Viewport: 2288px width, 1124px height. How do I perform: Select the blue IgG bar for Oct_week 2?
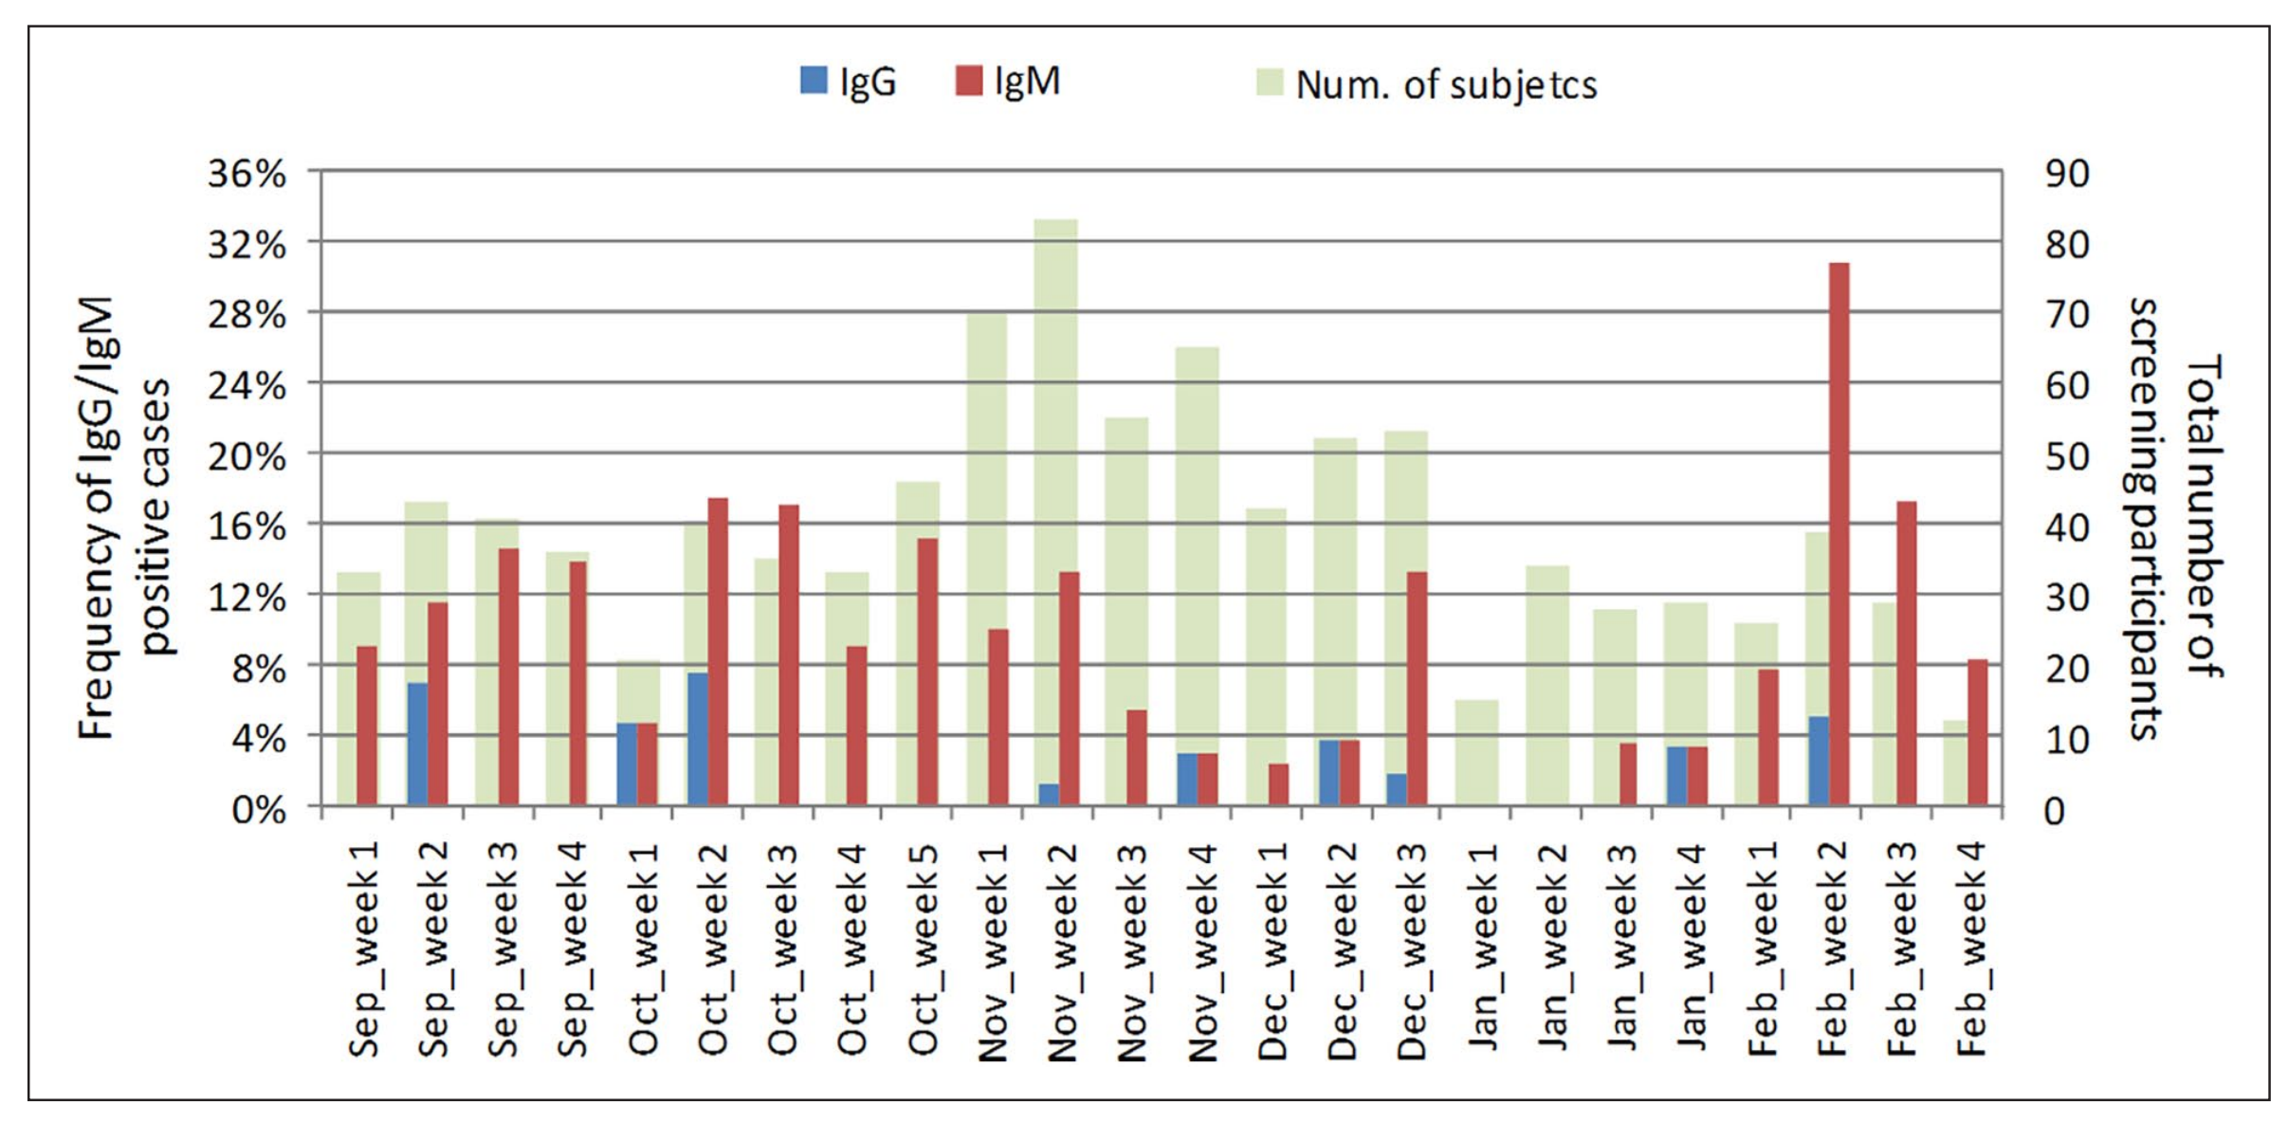click(697, 739)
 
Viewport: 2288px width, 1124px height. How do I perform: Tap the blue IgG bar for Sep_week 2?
click(417, 744)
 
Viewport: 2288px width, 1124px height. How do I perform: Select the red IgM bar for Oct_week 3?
click(789, 654)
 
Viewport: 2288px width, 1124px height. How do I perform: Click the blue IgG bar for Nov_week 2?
click(1048, 794)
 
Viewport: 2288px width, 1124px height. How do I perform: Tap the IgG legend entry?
click(849, 83)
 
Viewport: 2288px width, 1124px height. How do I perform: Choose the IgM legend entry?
click(1008, 83)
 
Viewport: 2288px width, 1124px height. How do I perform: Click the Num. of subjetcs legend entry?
click(1427, 85)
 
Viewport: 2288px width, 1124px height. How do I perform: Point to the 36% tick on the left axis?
click(247, 174)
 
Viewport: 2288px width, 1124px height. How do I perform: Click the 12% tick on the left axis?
click(247, 598)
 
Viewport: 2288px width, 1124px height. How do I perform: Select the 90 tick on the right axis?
click(2067, 174)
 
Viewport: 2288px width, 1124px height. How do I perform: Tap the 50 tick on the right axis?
click(2067, 456)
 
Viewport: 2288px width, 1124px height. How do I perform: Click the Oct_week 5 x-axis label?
click(923, 949)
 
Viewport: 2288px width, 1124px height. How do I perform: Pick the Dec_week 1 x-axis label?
click(1272, 949)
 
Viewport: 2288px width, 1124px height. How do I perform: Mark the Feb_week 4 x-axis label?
click(1971, 949)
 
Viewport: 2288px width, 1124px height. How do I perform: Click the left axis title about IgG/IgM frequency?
click(123, 517)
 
